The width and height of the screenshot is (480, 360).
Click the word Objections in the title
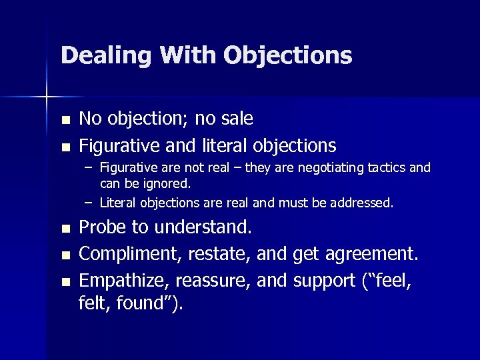pyautogui.click(x=287, y=55)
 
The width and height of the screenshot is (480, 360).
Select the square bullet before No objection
pyautogui.click(x=65, y=121)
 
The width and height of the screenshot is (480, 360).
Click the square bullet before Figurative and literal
pyautogui.click(x=65, y=147)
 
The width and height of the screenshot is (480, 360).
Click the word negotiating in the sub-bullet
pyautogui.click(x=331, y=168)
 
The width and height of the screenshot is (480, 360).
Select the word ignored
pyautogui.click(x=167, y=183)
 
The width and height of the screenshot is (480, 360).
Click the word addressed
pyautogui.click(x=361, y=202)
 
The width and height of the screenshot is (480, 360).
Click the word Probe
pyautogui.click(x=103, y=227)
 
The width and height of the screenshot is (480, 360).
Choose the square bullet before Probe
pyautogui.click(x=65, y=229)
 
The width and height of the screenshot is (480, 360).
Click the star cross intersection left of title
pyautogui.click(x=47, y=97)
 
